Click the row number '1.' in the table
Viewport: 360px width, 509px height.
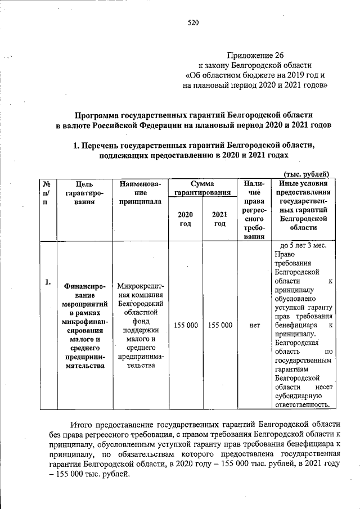pyautogui.click(x=48, y=282)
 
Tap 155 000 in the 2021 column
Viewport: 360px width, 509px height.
pyautogui.click(x=220, y=325)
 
